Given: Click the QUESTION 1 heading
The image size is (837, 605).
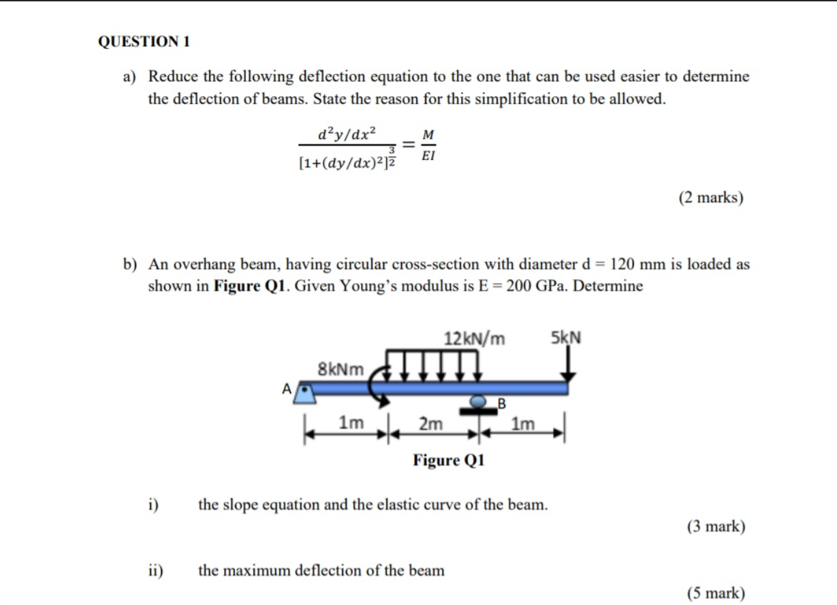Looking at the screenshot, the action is (144, 42).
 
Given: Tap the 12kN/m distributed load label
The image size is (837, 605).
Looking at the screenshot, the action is (474, 338).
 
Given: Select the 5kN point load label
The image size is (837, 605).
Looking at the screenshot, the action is (566, 338).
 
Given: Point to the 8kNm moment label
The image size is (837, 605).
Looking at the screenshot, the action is (341, 370).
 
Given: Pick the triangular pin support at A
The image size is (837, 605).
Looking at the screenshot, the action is (304, 394).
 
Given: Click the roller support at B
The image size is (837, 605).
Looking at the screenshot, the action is (481, 404).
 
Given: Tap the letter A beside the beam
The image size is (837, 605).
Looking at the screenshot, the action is (286, 389).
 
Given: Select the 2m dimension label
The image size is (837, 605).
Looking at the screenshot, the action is (430, 424).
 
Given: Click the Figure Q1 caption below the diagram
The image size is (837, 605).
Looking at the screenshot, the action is (448, 460).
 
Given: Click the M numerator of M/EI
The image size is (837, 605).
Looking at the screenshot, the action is (428, 135).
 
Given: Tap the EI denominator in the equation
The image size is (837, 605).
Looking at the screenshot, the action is (428, 155).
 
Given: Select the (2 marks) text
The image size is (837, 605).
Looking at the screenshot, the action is (711, 197).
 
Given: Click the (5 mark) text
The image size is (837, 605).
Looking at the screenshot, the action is (716, 593).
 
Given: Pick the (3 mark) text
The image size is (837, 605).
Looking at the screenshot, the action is (716, 526).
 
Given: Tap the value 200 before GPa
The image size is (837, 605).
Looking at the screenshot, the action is (518, 286).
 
